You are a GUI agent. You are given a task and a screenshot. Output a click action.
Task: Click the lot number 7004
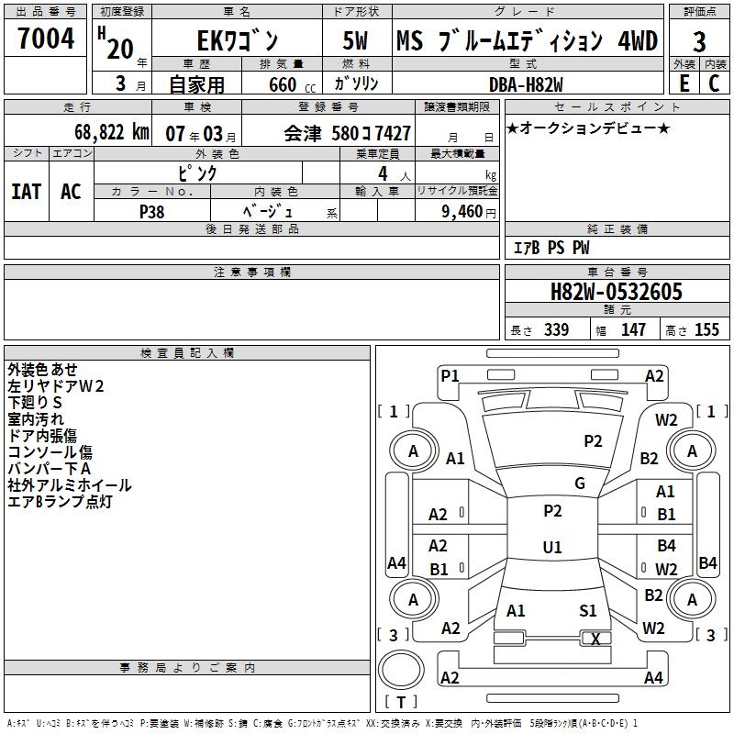coord(45,39)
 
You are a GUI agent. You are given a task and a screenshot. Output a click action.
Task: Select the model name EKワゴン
coord(236,41)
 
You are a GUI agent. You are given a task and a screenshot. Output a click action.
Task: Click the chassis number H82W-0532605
coord(616,292)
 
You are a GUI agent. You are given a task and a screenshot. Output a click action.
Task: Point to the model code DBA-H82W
coord(527,83)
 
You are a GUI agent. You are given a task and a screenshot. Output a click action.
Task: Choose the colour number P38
coord(152,210)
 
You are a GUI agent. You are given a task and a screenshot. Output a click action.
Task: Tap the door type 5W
coord(358,41)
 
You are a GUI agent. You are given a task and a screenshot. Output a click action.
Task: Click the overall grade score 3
coord(699,41)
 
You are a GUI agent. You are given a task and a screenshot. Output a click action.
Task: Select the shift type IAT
coord(27,191)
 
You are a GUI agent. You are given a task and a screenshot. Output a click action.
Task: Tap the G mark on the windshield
coord(580,484)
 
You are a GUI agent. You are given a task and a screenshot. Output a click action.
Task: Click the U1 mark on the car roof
coord(552,548)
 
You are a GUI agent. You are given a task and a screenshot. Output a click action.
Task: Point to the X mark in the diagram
coord(596,639)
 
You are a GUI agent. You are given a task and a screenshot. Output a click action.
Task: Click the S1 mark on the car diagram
coord(588,610)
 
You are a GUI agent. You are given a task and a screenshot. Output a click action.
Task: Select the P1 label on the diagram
coord(450,375)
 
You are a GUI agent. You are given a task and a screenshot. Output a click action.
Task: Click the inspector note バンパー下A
coord(50,469)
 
